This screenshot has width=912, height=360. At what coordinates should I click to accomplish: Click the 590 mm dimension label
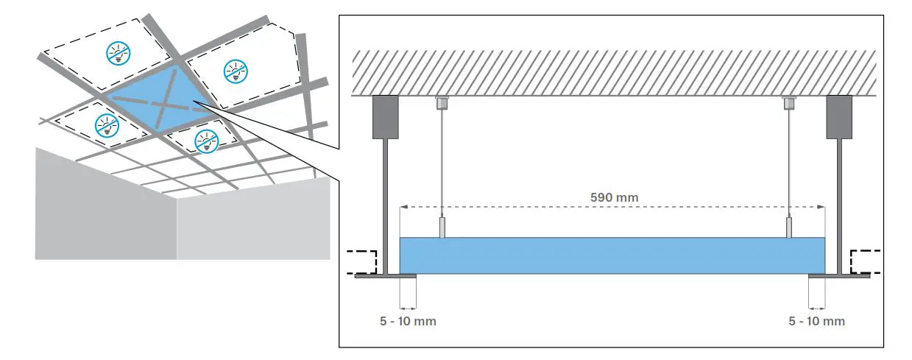[x=614, y=197]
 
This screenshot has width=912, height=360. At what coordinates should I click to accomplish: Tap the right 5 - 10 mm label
[x=817, y=322]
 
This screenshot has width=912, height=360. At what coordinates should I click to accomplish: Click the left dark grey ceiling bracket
[x=383, y=117]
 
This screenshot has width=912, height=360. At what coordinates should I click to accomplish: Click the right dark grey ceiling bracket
[x=839, y=117]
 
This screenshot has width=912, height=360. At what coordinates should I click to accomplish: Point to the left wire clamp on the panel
[x=441, y=227]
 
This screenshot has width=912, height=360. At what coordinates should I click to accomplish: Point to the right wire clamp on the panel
[x=789, y=227]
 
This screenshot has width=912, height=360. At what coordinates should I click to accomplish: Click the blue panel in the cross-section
[x=612, y=255]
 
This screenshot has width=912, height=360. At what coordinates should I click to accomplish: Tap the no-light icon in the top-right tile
[x=236, y=71]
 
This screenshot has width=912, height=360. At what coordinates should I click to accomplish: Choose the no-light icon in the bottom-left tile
[x=107, y=126]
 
